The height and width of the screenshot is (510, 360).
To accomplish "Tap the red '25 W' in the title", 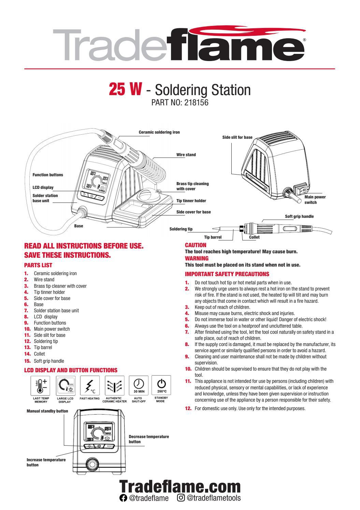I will click(125, 89).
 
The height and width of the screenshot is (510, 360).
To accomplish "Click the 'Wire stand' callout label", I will click(186, 155).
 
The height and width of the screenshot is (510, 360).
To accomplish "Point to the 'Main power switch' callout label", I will click(315, 199).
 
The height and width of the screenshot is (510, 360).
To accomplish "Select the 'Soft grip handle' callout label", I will click(299, 216).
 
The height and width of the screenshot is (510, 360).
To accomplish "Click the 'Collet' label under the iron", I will click(254, 237).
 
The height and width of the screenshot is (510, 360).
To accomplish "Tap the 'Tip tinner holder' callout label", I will click(191, 201).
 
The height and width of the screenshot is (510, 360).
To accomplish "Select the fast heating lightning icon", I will click(90, 385).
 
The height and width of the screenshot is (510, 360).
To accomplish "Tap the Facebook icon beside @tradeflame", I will click(123, 498).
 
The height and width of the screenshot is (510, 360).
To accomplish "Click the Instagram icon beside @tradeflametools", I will click(181, 498).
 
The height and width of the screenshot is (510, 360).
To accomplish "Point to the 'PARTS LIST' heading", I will click(38, 265).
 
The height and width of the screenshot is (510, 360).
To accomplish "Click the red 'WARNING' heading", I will click(197, 258).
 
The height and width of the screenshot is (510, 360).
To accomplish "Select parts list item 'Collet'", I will click(39, 354).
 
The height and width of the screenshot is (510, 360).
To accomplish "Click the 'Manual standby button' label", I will click(47, 411).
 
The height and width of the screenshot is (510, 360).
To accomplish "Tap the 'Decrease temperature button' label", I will click(148, 439).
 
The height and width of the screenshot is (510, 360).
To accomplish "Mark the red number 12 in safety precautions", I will click(188, 408).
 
